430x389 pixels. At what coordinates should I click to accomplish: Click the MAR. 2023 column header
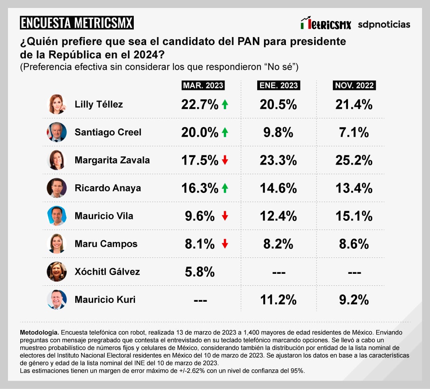coord(203,85)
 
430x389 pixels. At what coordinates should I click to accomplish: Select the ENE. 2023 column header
coord(278,85)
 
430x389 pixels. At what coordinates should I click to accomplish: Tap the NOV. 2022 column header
coord(354,85)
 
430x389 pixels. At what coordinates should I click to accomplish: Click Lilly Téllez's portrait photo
coord(57,104)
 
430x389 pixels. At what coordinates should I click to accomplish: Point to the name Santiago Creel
coord(108,132)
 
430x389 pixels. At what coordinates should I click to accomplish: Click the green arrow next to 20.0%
coord(225,132)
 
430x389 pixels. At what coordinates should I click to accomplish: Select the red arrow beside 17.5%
coord(225,160)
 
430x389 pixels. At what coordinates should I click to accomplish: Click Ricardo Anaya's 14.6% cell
coord(278,188)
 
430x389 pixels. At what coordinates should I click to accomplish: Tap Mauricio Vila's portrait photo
coord(57,216)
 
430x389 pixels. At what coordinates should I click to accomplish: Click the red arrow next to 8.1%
coord(225,244)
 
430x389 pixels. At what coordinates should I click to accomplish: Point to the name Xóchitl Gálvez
coord(107,272)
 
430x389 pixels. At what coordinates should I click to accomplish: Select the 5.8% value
coord(200,272)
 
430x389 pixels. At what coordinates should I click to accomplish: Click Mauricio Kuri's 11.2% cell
coord(278,300)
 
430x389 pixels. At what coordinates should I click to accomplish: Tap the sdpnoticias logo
coord(384,25)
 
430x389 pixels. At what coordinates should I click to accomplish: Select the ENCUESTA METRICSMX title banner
coord(76,23)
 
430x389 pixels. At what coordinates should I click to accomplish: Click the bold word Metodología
coord(39,332)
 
